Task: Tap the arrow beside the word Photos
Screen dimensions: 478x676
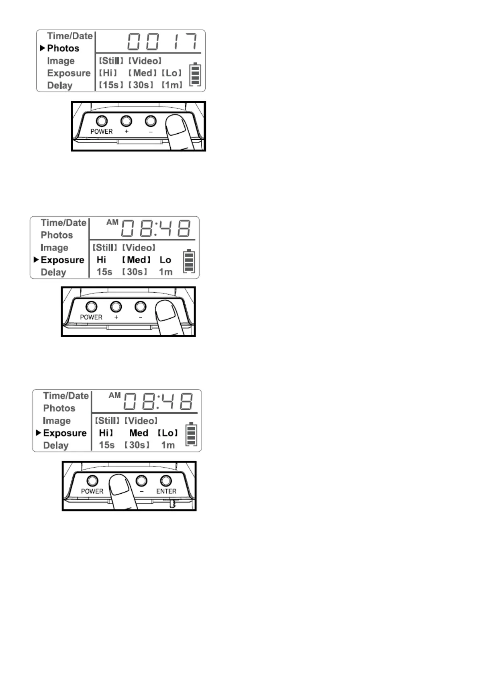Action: [x=43, y=48]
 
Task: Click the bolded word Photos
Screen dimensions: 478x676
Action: [x=63, y=48]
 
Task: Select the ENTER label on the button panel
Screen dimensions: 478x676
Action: [x=166, y=491]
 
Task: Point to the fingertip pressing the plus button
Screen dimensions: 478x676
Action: [x=119, y=485]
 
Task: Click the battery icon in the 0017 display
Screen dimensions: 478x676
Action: [x=195, y=74]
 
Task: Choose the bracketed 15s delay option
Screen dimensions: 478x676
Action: [x=111, y=85]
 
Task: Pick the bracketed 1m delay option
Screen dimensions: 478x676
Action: [x=172, y=85]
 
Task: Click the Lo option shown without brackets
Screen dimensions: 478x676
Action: [x=165, y=260]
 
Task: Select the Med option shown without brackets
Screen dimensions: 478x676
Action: [x=139, y=433]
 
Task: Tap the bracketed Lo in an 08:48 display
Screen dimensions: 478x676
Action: [x=168, y=433]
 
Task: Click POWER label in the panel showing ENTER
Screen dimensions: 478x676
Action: [x=92, y=491]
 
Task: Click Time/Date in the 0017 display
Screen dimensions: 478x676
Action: [x=70, y=36]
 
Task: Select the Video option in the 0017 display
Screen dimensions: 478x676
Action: [x=145, y=61]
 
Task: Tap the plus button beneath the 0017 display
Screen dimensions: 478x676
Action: [x=126, y=121]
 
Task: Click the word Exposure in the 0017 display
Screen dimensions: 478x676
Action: [x=69, y=73]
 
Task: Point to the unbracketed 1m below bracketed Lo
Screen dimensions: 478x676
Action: [x=168, y=445]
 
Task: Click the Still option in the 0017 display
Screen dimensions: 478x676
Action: [x=111, y=61]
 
